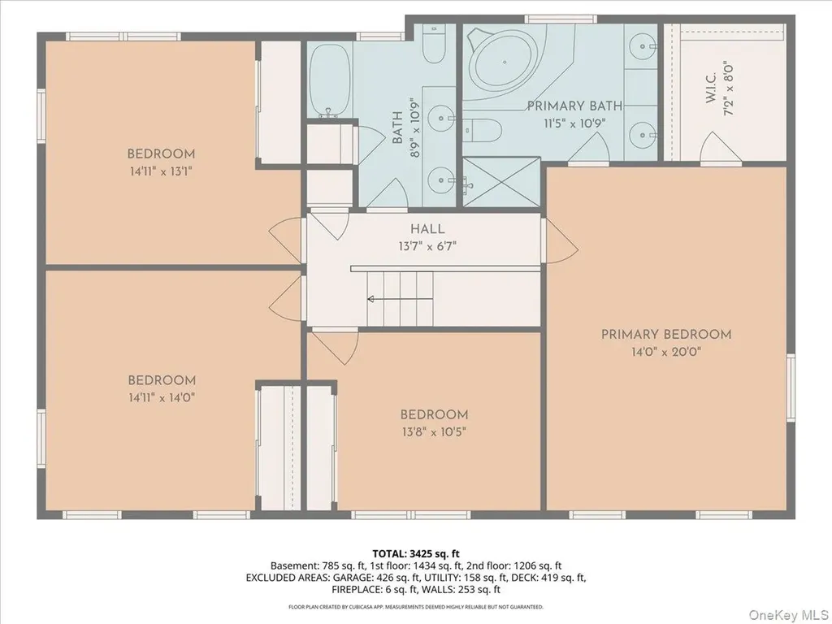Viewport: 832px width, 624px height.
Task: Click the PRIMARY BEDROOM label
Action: [666, 334]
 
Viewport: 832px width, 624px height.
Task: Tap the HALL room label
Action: [427, 229]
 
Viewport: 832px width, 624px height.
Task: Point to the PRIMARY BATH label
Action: [574, 106]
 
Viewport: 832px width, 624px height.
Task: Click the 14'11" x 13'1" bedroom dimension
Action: [160, 171]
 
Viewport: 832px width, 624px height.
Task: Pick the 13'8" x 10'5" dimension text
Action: [434, 432]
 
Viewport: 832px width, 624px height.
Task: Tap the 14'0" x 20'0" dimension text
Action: [666, 351]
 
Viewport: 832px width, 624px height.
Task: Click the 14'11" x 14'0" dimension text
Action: [162, 397]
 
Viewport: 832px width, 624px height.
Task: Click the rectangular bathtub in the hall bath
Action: [330, 80]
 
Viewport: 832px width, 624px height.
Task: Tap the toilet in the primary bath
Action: [483, 130]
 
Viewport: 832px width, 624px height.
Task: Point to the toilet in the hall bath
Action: [434, 42]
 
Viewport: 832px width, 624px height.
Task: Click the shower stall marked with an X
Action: [501, 182]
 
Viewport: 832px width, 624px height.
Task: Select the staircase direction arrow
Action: [400, 299]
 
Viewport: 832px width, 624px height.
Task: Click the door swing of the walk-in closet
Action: [720, 146]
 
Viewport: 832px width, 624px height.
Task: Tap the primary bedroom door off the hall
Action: [561, 241]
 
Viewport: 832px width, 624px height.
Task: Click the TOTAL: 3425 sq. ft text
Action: [415, 554]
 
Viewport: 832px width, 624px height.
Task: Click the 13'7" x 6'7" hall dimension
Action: [427, 246]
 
